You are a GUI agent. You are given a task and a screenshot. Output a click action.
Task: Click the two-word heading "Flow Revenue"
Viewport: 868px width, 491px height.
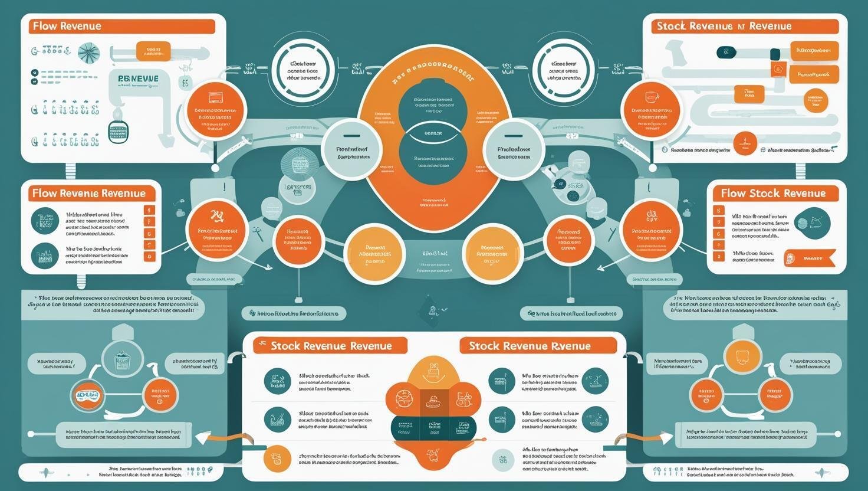click(67, 26)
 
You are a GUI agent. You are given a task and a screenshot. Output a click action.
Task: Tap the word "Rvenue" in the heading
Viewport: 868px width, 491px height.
click(568, 346)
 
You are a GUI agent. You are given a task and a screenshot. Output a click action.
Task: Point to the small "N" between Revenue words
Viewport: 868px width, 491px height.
click(740, 26)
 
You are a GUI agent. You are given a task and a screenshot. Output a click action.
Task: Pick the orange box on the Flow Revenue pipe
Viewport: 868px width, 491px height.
click(153, 51)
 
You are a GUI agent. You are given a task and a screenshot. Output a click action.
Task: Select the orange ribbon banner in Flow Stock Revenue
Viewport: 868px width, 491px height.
click(809, 257)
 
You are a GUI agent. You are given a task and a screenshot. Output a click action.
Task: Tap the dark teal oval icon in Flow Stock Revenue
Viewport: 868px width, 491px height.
click(812, 222)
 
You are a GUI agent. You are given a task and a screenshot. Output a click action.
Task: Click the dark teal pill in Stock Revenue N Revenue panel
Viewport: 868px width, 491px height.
click(726, 53)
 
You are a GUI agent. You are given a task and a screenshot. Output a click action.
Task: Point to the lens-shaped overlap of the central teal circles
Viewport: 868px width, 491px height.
click(433, 133)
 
